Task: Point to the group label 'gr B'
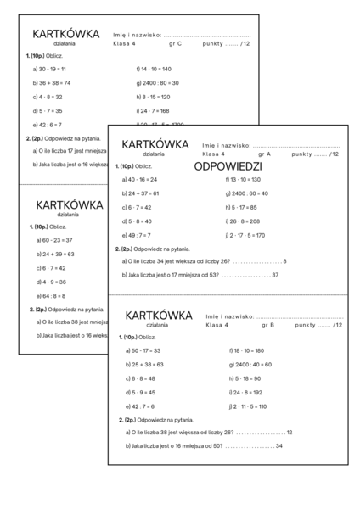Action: click(267, 325)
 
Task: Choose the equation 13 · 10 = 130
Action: click(247, 180)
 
